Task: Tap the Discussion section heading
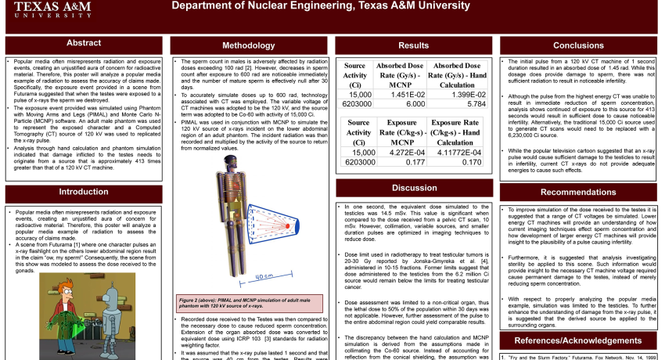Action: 414,188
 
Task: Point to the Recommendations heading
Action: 578,192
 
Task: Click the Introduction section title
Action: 84,192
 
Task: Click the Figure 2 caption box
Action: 249,303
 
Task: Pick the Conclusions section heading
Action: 578,45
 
